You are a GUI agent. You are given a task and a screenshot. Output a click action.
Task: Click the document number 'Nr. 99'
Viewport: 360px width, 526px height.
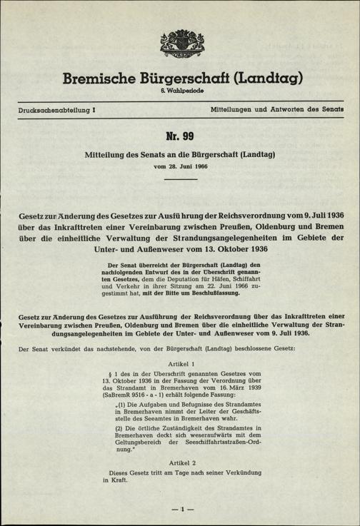point(179,136)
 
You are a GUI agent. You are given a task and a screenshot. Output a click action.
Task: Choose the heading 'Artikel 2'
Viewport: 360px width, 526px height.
point(179,463)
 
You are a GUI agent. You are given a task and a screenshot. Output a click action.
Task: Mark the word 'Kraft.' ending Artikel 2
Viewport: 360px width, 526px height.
point(117,481)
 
